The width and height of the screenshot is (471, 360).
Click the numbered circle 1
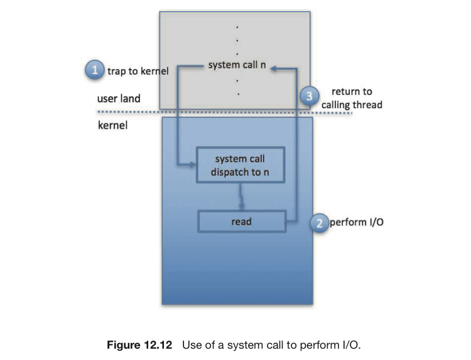[95, 70]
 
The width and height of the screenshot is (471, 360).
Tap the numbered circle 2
[319, 223]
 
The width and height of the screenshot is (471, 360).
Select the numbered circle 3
[310, 96]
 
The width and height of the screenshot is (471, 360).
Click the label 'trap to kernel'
[138, 71]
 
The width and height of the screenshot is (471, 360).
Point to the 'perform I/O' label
[357, 222]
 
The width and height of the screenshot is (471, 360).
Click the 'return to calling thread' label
[352, 98]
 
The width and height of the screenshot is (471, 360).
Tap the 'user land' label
[119, 98]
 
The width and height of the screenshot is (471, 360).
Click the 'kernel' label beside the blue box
[112, 125]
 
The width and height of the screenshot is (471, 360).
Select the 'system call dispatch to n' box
[241, 165]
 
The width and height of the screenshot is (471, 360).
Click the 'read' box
[242, 222]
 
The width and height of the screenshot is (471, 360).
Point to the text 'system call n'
[237, 65]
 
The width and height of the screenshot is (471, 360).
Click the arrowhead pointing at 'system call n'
[273, 68]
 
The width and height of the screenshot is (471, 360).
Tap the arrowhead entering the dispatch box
[193, 165]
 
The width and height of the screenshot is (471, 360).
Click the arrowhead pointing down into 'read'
[242, 207]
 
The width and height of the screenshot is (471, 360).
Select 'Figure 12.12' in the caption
[139, 345]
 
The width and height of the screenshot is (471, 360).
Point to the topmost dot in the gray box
[237, 28]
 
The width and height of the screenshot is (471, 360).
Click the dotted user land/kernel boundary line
[224, 112]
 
